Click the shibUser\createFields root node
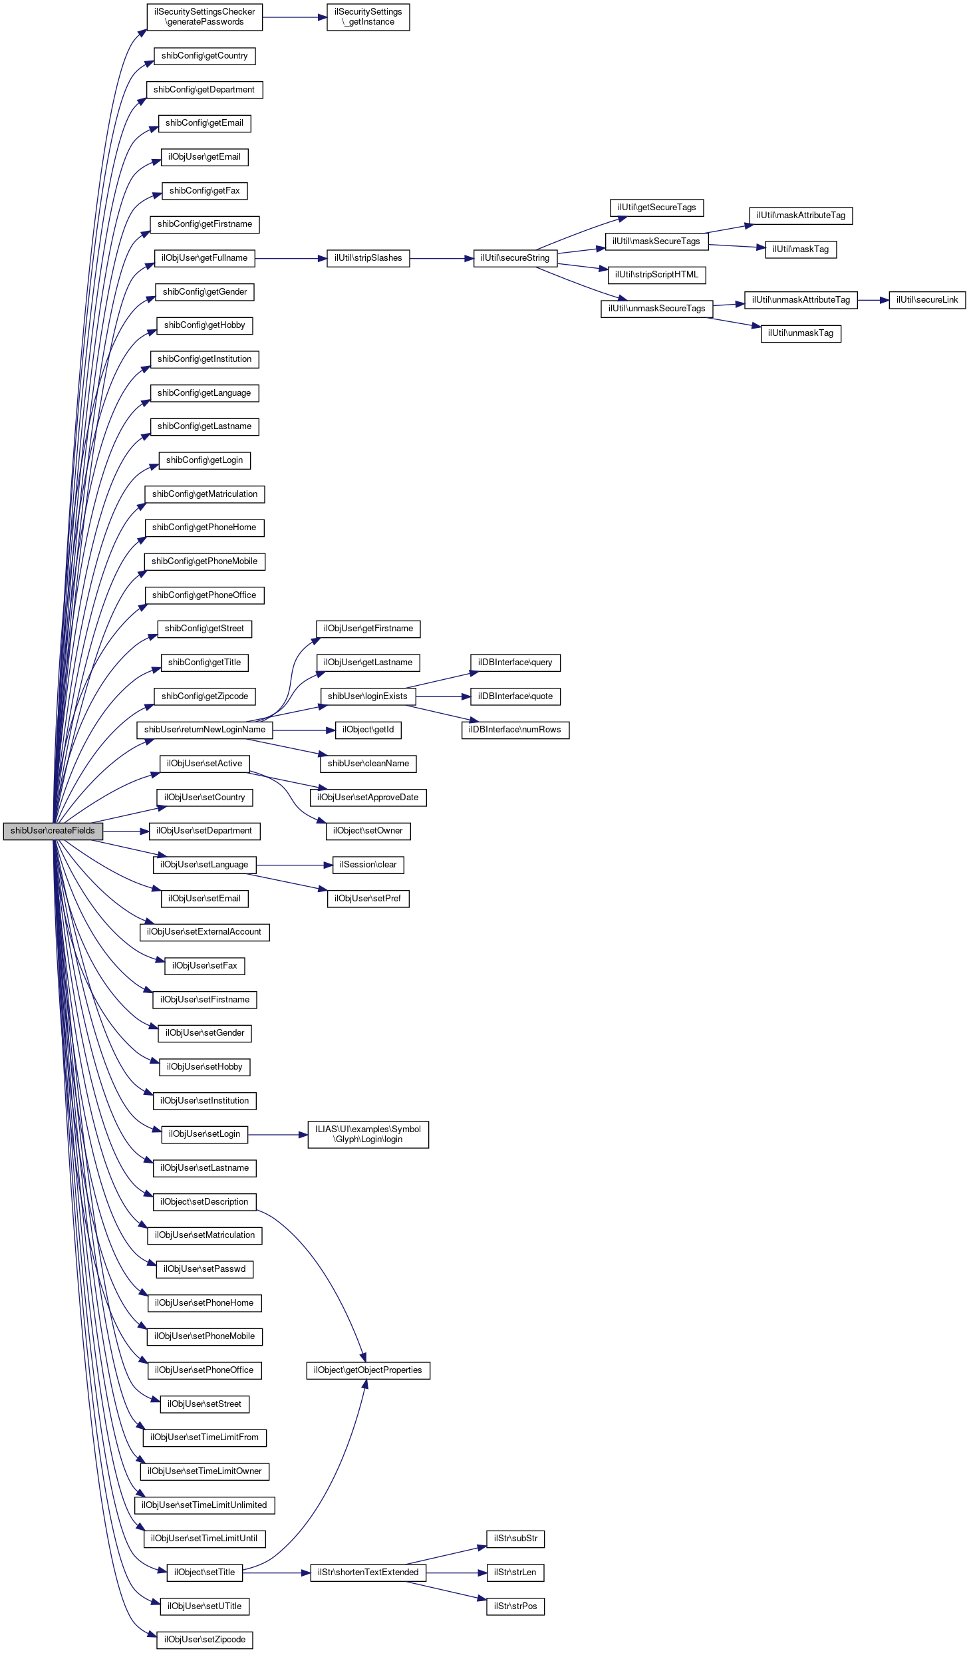tap(53, 831)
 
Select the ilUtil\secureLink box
tap(926, 300)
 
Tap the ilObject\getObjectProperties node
tap(368, 1370)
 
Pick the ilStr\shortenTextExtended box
tap(368, 1573)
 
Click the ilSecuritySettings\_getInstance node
tap(368, 17)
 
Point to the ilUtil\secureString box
tap(515, 258)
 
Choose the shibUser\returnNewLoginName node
tap(204, 730)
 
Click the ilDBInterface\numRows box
tap(515, 730)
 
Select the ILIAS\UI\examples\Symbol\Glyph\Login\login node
tap(368, 1134)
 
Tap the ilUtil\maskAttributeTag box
tap(801, 216)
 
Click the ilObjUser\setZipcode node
tap(204, 1640)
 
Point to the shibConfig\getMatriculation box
tap(204, 494)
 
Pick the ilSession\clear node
tap(368, 865)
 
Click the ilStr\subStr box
tap(515, 1539)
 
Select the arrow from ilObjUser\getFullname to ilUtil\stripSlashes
tap(291, 258)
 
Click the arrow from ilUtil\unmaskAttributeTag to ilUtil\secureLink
tap(873, 300)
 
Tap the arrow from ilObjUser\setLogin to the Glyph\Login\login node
tap(277, 1134)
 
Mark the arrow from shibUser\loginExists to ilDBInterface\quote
tap(443, 696)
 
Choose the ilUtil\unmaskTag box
tap(801, 333)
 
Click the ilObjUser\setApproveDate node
tap(368, 798)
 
